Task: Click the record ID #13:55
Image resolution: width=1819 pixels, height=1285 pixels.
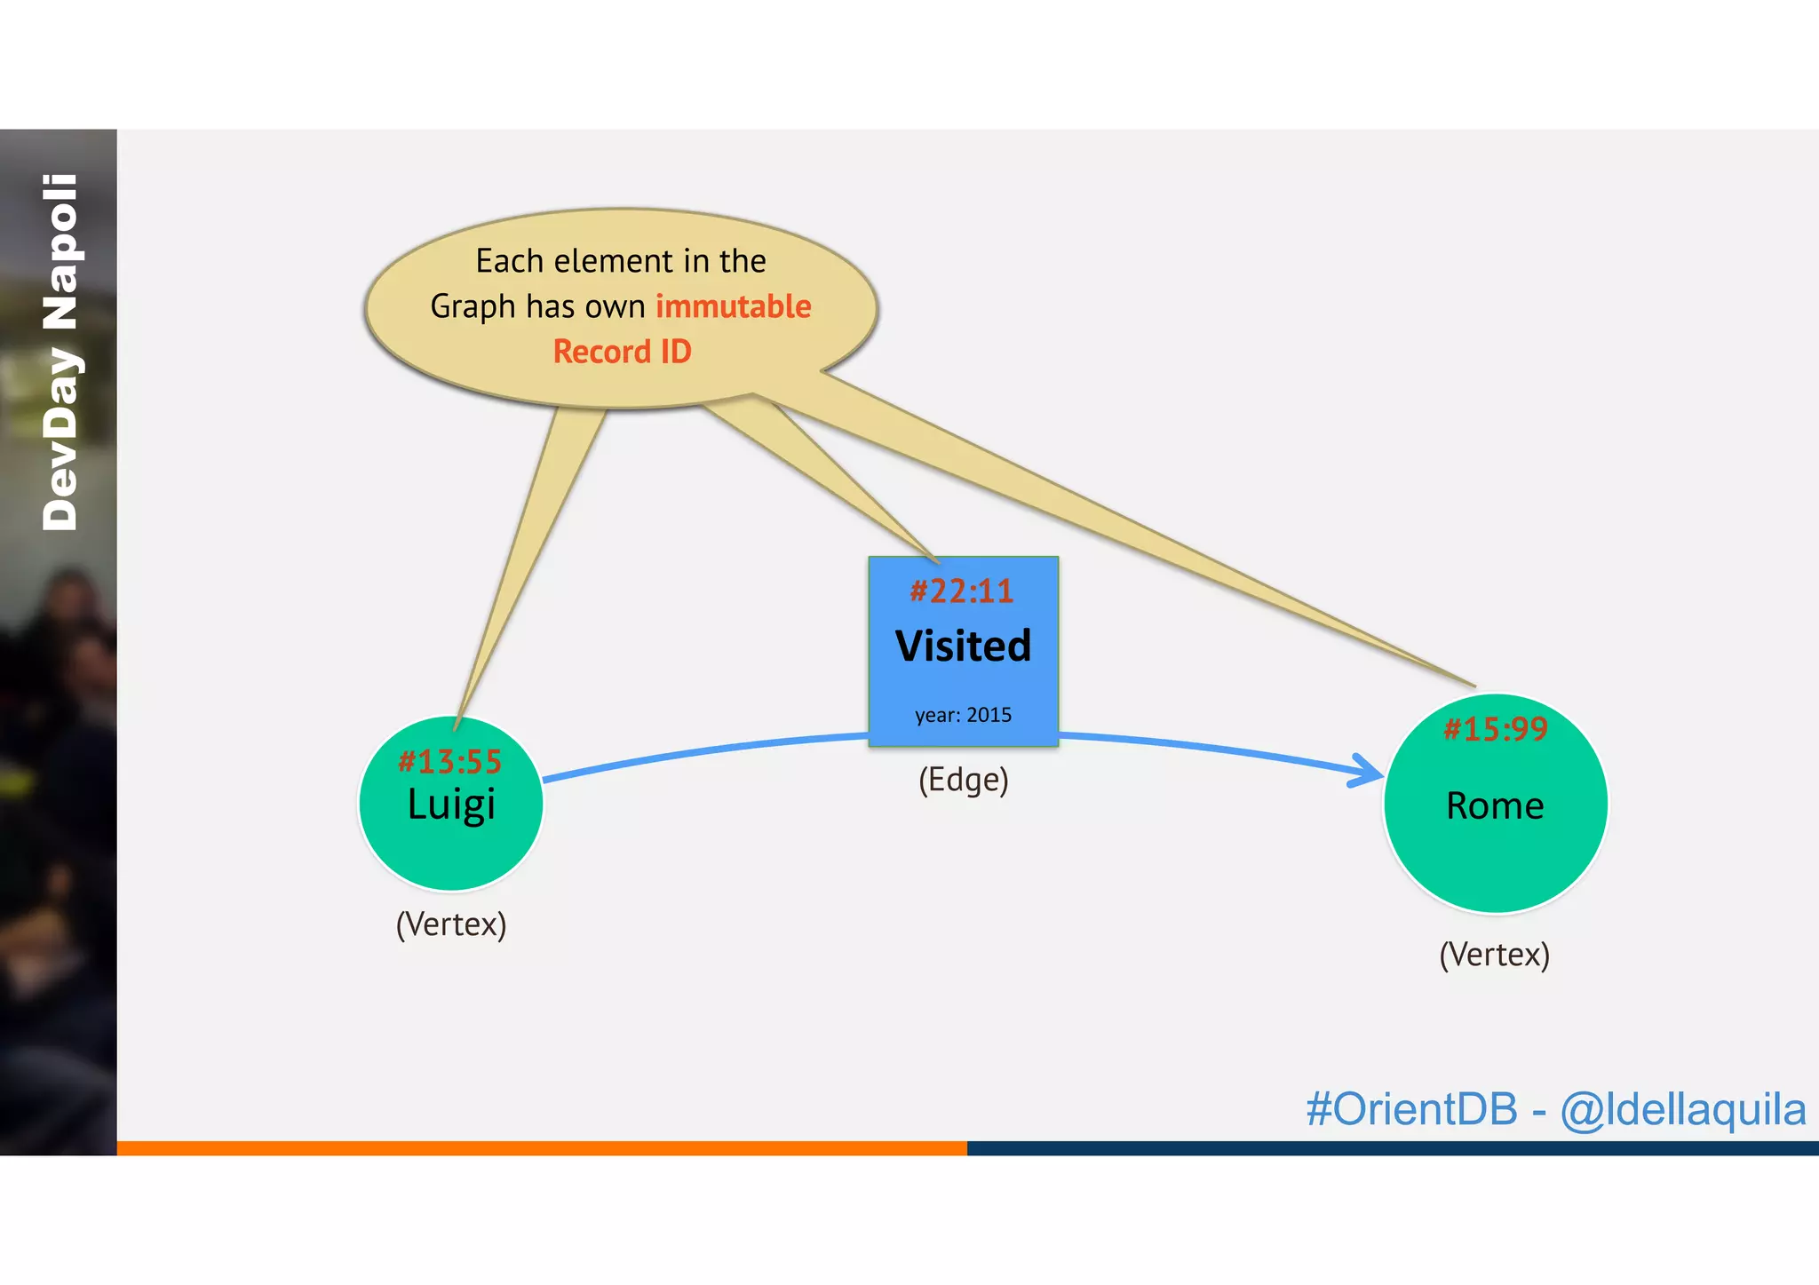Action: pyautogui.click(x=449, y=762)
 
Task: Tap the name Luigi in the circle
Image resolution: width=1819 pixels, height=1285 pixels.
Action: pyautogui.click(x=451, y=805)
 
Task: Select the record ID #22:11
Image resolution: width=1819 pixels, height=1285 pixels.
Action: pyautogui.click(x=962, y=591)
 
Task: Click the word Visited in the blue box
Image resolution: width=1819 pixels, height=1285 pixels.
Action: pyautogui.click(x=963, y=646)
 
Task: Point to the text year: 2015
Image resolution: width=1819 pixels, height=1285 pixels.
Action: pyautogui.click(x=963, y=715)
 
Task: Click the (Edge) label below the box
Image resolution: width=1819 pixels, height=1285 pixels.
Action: pyautogui.click(x=963, y=780)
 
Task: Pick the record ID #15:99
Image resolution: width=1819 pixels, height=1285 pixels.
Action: pyautogui.click(x=1496, y=729)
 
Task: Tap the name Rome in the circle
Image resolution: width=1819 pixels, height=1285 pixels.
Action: pyautogui.click(x=1495, y=805)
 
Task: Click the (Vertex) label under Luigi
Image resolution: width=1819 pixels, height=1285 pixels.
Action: pyautogui.click(x=451, y=924)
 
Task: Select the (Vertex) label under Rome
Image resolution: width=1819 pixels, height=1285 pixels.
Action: pyautogui.click(x=1494, y=955)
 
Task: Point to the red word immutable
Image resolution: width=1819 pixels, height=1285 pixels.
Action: pyautogui.click(x=733, y=306)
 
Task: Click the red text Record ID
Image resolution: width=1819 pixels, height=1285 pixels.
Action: pyautogui.click(x=622, y=352)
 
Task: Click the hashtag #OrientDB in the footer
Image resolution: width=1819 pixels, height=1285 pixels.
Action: pyautogui.click(x=1411, y=1109)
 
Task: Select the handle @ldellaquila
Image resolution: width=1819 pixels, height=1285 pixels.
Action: pyautogui.click(x=1682, y=1110)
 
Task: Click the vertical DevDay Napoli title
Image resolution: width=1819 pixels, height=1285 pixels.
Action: pyautogui.click(x=60, y=353)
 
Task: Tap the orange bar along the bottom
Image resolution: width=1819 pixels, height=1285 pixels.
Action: pyautogui.click(x=542, y=1148)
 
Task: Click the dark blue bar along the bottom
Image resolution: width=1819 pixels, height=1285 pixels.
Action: pyautogui.click(x=1393, y=1148)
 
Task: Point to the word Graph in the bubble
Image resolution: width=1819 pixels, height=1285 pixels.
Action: pyautogui.click(x=473, y=307)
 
